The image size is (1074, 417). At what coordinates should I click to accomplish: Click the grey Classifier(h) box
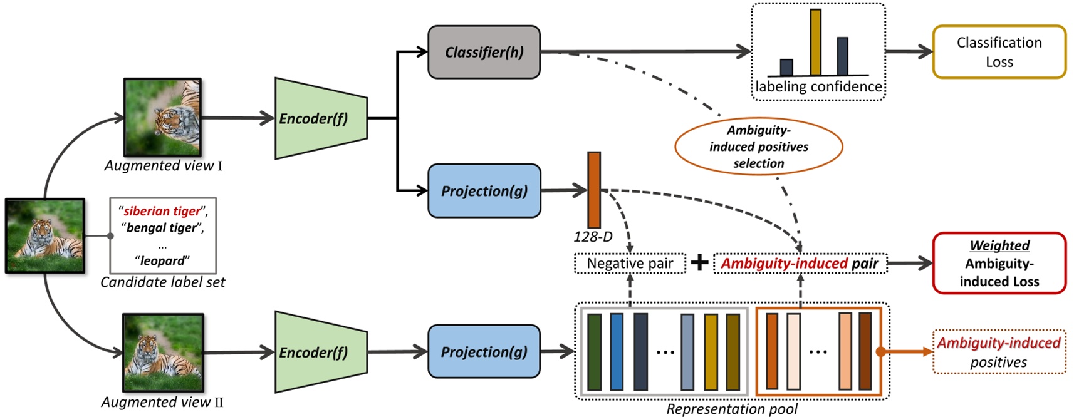click(x=484, y=52)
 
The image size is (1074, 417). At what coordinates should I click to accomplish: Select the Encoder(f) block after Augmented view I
click(x=320, y=118)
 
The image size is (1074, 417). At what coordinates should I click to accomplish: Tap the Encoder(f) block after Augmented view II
click(x=320, y=352)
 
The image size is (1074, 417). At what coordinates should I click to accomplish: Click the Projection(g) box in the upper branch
click(x=484, y=191)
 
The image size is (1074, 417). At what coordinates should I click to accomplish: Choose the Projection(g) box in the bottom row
click(x=484, y=351)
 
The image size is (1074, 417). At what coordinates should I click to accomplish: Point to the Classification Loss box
click(x=999, y=52)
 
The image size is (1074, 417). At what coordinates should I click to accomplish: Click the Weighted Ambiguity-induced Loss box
click(x=999, y=263)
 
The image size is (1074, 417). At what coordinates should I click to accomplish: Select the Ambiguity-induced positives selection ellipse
click(x=758, y=147)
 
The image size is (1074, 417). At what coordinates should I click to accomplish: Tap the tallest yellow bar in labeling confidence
click(x=815, y=42)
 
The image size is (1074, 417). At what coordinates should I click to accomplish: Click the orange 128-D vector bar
click(x=593, y=190)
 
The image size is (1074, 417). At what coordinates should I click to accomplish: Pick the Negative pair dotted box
click(x=630, y=264)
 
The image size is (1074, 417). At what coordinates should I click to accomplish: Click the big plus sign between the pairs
click(x=699, y=262)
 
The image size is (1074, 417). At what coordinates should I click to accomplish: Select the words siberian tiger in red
click(x=162, y=211)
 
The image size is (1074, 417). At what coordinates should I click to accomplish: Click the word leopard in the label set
click(x=162, y=260)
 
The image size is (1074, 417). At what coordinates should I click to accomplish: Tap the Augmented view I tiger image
click(x=162, y=117)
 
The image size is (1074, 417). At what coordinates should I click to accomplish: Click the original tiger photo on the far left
click(x=45, y=235)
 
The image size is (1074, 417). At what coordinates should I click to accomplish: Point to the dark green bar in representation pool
click(x=594, y=352)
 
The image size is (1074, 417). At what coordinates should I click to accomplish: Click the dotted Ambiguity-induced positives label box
click(x=999, y=352)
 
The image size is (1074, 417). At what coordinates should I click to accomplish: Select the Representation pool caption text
click(x=731, y=409)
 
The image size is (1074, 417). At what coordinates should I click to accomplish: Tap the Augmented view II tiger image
click(x=163, y=353)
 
